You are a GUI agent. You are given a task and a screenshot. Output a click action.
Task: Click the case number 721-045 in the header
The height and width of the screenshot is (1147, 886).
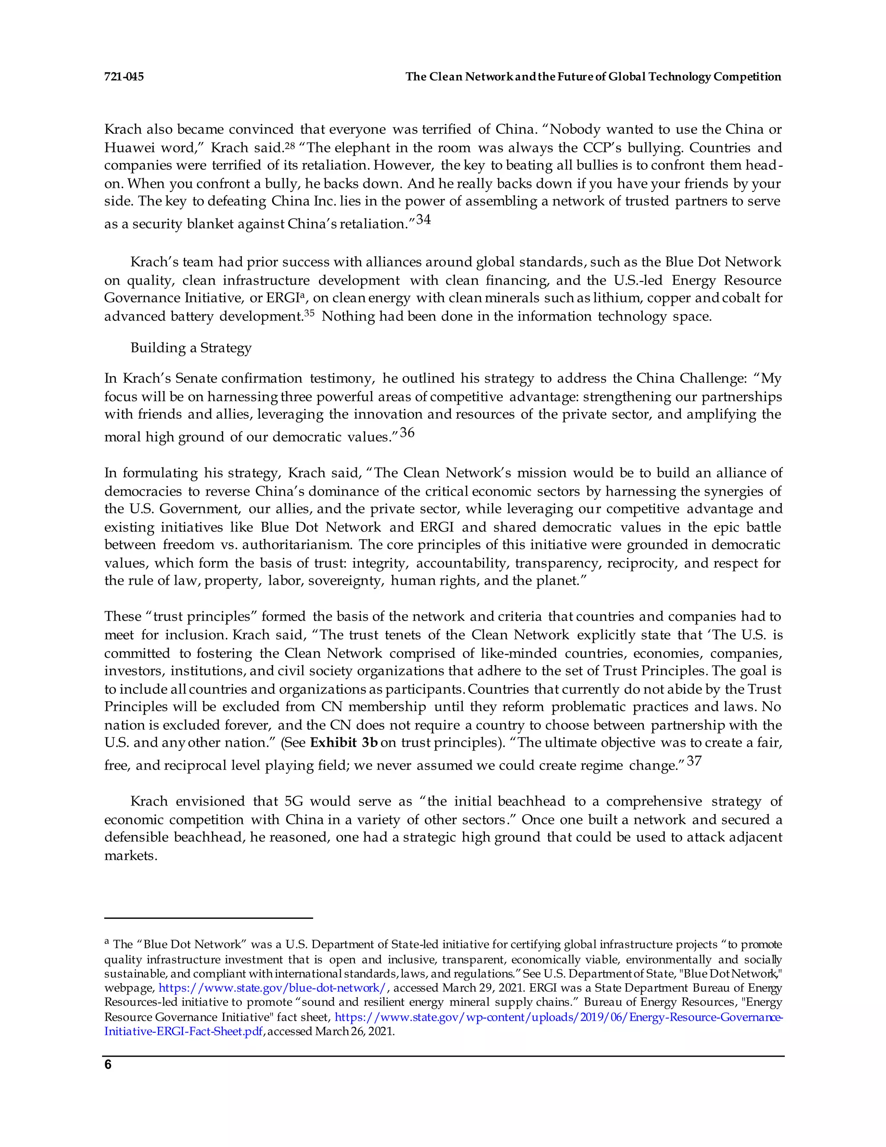pyautogui.click(x=124, y=77)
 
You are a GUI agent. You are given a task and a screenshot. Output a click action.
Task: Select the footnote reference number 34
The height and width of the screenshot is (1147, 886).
pyautogui.click(x=423, y=219)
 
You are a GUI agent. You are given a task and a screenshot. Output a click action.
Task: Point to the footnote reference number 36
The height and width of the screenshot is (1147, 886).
pyautogui.click(x=407, y=433)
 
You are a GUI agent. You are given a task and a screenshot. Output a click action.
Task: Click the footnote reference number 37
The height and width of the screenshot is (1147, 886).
pyautogui.click(x=694, y=761)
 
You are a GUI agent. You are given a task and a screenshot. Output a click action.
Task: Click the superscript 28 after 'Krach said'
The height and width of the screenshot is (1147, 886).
pyautogui.click(x=289, y=145)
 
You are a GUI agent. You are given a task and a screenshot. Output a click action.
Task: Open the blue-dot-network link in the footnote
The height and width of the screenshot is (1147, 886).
pyautogui.click(x=273, y=988)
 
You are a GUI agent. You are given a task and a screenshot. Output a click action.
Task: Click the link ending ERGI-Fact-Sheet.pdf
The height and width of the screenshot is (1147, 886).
pyautogui.click(x=183, y=1031)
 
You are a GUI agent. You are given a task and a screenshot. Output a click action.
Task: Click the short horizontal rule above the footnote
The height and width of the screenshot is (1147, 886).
pyautogui.click(x=209, y=918)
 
